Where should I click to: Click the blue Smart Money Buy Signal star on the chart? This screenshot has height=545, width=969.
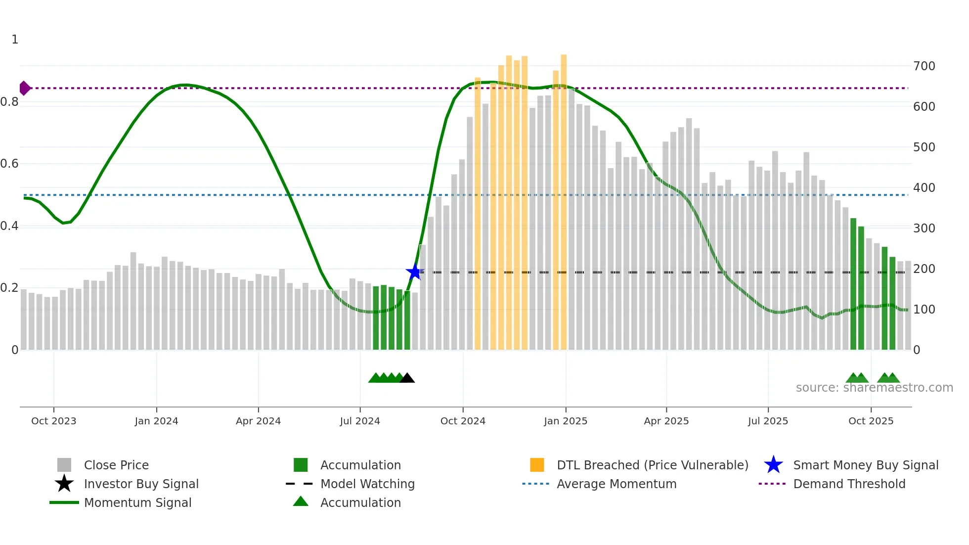pos(414,272)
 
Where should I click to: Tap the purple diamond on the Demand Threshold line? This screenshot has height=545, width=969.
pos(24,89)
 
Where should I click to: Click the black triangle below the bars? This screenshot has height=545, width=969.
pos(407,378)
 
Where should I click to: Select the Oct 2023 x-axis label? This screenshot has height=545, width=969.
pos(53,421)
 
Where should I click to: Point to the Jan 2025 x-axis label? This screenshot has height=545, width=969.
pos(566,421)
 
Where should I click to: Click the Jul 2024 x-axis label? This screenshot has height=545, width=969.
pos(360,421)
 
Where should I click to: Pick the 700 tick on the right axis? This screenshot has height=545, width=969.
pos(924,66)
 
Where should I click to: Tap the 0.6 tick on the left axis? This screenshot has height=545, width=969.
pos(10,164)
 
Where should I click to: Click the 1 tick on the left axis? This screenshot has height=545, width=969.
pos(15,40)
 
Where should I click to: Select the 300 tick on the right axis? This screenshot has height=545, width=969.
pos(924,228)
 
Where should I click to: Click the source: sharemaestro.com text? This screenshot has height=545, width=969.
pos(874,388)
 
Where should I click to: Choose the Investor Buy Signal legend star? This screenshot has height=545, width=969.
pos(64,484)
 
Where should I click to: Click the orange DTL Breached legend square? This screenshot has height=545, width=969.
pos(537,465)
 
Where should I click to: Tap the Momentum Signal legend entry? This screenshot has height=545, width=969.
pos(137,502)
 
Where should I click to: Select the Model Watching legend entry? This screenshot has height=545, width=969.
pos(367,484)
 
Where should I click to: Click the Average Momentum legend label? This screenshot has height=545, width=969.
pos(616,484)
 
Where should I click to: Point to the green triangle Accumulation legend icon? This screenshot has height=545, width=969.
pos(301,501)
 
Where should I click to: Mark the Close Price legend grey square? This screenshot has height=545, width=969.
pos(64,465)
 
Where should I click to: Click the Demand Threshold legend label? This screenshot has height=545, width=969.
pos(849,484)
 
